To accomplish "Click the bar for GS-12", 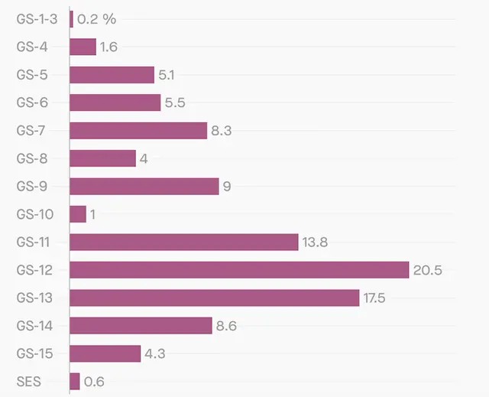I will (239, 270).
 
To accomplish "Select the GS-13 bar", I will (214, 298).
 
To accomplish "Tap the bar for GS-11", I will (183, 242).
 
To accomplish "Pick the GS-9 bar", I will (144, 187).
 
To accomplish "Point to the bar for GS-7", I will (138, 131).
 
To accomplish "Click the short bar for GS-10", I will (78, 214).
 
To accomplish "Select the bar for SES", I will (75, 381).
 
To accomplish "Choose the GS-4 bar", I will (83, 47).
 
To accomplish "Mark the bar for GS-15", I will (105, 353).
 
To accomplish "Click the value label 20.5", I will (428, 270).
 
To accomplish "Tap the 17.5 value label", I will (374, 298).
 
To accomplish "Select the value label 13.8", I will (315, 242).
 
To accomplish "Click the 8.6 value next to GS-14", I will (226, 326).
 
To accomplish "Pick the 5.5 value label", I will (175, 103).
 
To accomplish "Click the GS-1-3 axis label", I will (37, 19).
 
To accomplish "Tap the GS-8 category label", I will (32, 158).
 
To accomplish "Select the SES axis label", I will (29, 381).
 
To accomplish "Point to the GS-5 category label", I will (32, 75).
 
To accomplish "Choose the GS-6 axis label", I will (32, 103).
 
